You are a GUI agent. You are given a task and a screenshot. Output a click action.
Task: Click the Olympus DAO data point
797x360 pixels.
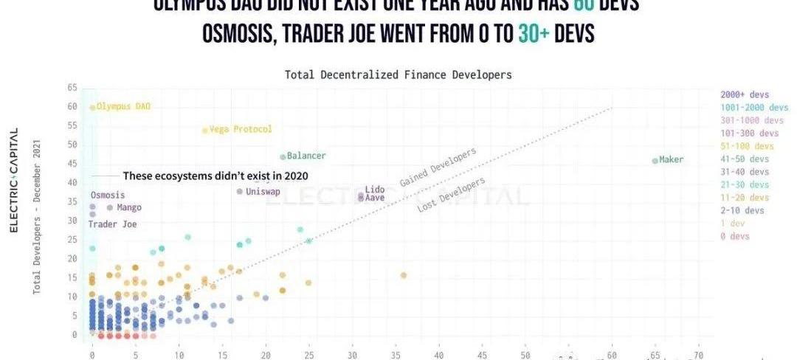coord(92,107)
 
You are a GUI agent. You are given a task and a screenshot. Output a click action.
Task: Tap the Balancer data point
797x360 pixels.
coord(283,157)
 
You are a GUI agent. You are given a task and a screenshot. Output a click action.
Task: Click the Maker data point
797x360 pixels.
coord(655,161)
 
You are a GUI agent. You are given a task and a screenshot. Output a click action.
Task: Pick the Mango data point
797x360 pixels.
coord(110,207)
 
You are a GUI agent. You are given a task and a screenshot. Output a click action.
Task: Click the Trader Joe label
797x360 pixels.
coord(112,224)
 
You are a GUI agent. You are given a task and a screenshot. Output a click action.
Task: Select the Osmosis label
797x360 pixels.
coord(108,195)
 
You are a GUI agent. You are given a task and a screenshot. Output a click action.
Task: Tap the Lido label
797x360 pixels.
coord(374,190)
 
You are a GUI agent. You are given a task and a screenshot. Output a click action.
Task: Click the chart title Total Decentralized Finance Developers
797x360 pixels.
coord(398,75)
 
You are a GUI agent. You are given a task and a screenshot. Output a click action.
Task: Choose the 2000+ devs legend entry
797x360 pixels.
coord(745,94)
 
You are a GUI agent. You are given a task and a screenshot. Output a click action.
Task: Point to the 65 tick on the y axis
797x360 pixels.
coord(72,88)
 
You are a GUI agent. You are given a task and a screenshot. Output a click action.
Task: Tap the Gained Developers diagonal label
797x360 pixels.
coord(438,167)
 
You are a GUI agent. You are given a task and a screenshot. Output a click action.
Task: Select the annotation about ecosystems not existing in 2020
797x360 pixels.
coord(215,176)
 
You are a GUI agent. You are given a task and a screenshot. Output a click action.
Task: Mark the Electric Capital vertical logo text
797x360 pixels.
coord(13,181)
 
